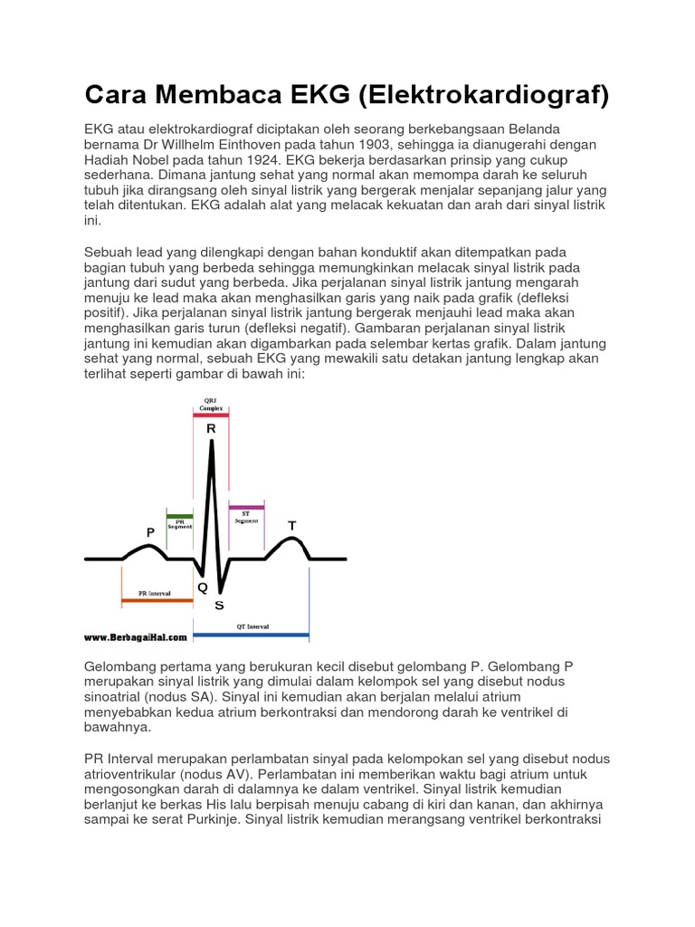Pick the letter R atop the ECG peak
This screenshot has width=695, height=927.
coord(211,428)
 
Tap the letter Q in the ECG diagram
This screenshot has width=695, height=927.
coord(202,588)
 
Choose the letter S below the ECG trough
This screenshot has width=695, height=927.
coord(219,606)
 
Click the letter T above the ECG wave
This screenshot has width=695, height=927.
coord(291,526)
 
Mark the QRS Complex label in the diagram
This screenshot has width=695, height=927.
coord(211,405)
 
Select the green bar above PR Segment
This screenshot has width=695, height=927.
coord(179,516)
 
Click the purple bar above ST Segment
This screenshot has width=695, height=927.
coord(246,506)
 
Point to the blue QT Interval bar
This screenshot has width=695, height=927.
coord(252,634)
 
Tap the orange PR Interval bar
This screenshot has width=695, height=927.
coord(157,600)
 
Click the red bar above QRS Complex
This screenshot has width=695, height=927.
coord(211,415)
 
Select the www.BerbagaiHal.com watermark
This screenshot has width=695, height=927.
coord(136,637)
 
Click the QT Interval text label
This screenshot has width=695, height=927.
coord(253,626)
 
